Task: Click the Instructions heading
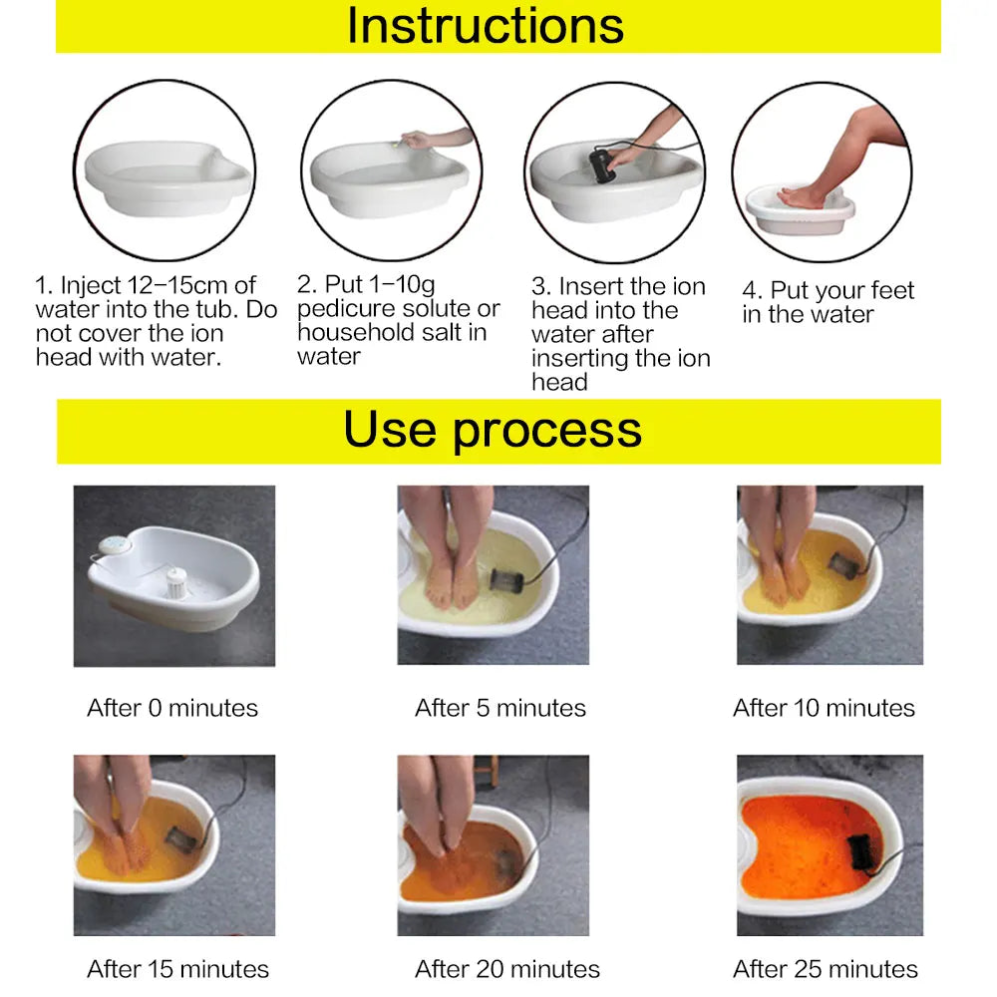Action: [486, 26]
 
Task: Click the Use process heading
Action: [493, 430]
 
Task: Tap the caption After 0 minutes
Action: [172, 708]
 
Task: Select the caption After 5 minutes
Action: [500, 708]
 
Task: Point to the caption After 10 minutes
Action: [824, 708]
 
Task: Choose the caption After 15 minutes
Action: [177, 968]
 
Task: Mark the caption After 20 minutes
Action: [507, 968]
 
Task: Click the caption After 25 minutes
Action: [826, 968]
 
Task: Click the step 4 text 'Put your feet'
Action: [841, 291]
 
